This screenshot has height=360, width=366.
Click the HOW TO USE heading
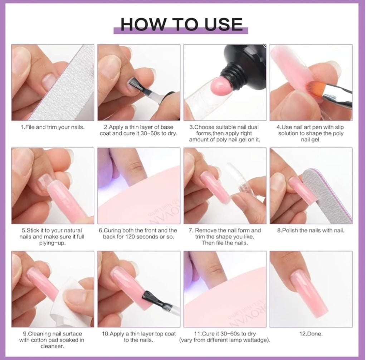(181, 24)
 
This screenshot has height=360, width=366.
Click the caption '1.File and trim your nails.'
(53, 127)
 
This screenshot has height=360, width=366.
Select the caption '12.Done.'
(311, 334)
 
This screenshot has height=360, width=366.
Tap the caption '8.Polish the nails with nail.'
(311, 230)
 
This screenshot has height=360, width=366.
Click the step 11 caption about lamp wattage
(224, 337)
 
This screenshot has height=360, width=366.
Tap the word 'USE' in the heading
(224, 24)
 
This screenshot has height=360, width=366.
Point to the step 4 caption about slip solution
(311, 133)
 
